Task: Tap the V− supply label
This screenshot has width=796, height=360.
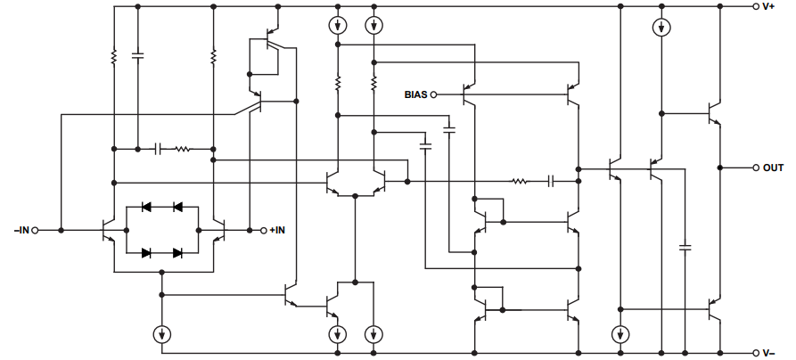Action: tap(772, 352)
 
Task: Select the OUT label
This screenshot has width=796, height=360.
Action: tap(773, 168)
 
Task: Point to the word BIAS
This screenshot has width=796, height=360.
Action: tap(416, 94)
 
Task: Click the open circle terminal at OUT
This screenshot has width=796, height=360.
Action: tap(755, 168)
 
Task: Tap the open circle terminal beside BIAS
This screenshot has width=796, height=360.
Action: tap(435, 94)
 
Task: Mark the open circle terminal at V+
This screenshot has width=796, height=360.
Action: tap(755, 6)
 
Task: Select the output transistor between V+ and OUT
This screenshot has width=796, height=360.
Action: tap(714, 114)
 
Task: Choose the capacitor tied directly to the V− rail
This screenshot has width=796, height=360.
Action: tap(685, 247)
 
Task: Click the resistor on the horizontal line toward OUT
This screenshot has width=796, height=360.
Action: tap(521, 181)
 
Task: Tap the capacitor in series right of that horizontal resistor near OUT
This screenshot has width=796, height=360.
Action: tap(552, 181)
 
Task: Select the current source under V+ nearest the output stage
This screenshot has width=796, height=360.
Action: tap(659, 28)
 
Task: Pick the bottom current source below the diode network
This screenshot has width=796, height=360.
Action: tap(161, 334)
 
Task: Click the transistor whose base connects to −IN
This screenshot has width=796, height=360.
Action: tap(111, 231)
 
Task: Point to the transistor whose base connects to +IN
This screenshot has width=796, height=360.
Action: tap(219, 231)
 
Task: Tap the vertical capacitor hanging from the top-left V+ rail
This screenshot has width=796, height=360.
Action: tap(137, 56)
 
